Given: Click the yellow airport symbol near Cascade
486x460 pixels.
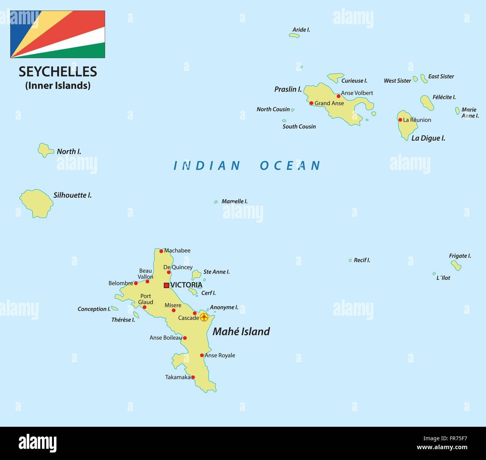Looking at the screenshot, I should click(x=204, y=317).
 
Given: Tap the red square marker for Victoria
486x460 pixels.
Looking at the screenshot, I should click(x=166, y=285).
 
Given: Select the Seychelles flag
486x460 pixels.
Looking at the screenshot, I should click(x=58, y=34).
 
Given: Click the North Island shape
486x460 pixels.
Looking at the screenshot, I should click(x=45, y=150).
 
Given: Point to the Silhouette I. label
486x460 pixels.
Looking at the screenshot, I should click(x=73, y=195).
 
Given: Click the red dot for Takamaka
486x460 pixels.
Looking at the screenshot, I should click(x=193, y=377).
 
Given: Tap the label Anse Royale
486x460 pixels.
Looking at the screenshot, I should click(x=220, y=355).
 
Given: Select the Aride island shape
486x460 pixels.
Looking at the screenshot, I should click(x=294, y=35).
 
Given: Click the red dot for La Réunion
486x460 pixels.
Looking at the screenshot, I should click(x=400, y=120).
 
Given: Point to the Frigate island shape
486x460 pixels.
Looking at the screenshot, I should click(x=456, y=265).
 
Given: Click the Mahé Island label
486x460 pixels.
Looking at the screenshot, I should click(x=241, y=331).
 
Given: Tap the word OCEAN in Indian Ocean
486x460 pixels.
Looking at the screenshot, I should click(x=290, y=166).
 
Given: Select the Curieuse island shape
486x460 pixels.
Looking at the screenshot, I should click(x=335, y=77).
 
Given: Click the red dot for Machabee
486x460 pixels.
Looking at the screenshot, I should click(x=161, y=251).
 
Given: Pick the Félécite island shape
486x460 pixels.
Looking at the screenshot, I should click(x=427, y=102).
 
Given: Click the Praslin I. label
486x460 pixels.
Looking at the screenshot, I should click(x=288, y=89).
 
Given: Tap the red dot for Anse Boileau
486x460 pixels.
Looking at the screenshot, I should click(x=185, y=338).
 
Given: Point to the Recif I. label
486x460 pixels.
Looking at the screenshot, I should click(x=362, y=260).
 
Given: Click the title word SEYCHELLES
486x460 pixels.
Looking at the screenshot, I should click(x=58, y=72).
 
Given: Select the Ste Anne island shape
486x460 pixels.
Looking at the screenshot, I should click(x=196, y=275).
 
